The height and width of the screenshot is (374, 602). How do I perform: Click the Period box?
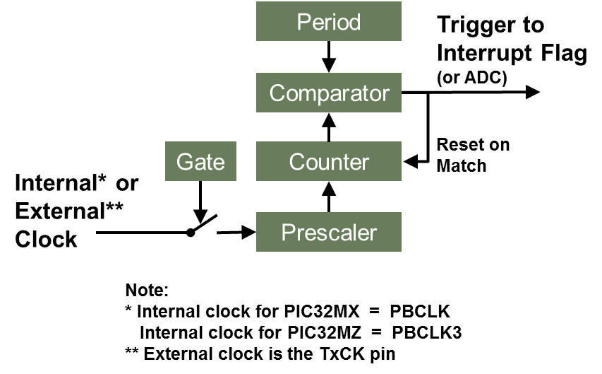pyautogui.click(x=329, y=22)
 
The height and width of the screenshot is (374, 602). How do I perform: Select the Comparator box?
pyautogui.click(x=329, y=93)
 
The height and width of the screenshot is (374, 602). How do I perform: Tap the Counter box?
pyautogui.click(x=329, y=162)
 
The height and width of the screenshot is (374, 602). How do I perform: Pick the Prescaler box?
pyautogui.click(x=329, y=232)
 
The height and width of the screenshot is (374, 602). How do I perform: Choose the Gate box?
pyautogui.click(x=200, y=162)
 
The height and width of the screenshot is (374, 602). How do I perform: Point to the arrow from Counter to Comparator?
pyautogui.click(x=329, y=127)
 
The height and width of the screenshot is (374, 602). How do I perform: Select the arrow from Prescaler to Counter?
pyautogui.click(x=329, y=197)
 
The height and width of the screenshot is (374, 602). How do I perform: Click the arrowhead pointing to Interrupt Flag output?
pyautogui.click(x=532, y=92)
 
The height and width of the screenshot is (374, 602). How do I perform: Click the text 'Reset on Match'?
pyautogui.click(x=472, y=156)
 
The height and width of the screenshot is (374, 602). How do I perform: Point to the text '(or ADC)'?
pyautogui.click(x=471, y=78)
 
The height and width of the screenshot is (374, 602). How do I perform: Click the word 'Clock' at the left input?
pyautogui.click(x=47, y=240)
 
